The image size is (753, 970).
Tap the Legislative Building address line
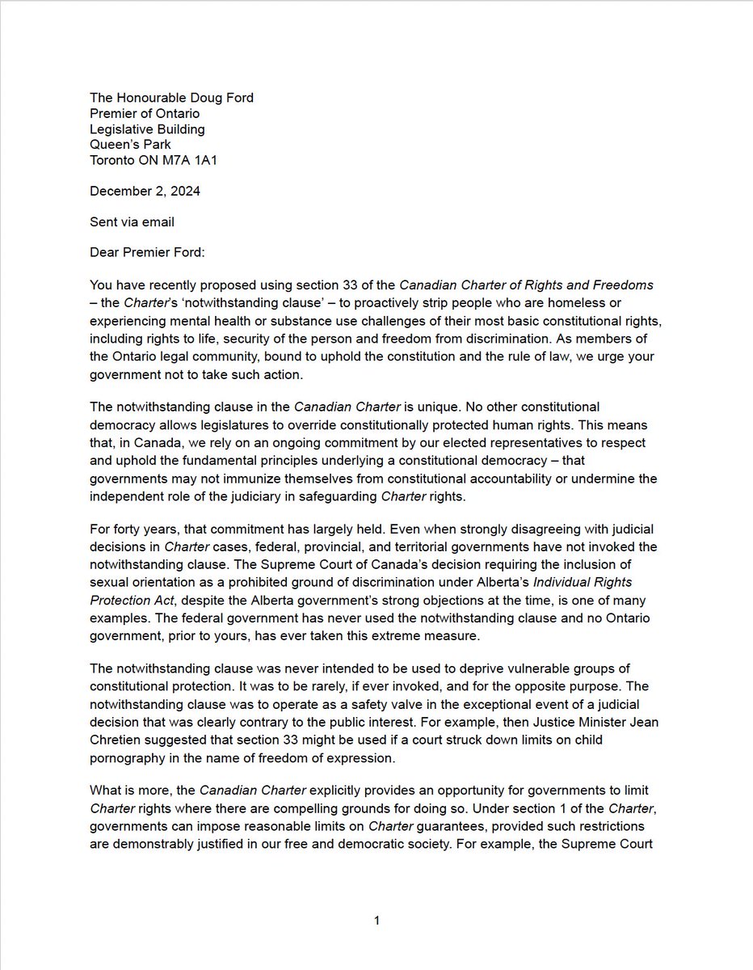[147, 129]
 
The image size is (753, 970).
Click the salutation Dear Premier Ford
[148, 252]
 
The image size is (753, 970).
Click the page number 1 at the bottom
[376, 921]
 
